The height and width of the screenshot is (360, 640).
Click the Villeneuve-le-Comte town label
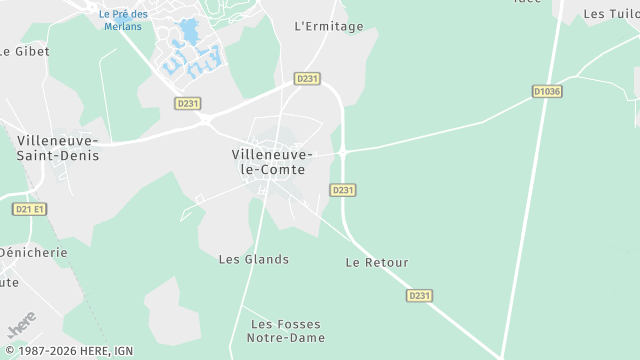(272, 162)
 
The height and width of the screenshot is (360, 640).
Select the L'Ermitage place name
(329, 26)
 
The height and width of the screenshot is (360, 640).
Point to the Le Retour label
(377, 262)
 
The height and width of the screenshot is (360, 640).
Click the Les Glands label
(254, 259)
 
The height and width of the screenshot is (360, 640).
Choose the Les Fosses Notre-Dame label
(288, 331)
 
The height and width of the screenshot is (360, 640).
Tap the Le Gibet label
(24, 50)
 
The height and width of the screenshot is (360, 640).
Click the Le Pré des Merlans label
(123, 20)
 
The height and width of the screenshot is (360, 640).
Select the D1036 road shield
(547, 91)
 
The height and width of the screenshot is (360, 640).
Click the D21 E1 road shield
(30, 209)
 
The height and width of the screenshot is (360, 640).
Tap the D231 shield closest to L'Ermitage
(307, 78)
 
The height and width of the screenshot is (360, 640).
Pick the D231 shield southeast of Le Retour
(420, 295)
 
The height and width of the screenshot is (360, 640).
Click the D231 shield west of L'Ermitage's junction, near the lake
(187, 103)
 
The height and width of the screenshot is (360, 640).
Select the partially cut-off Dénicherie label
(33, 252)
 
